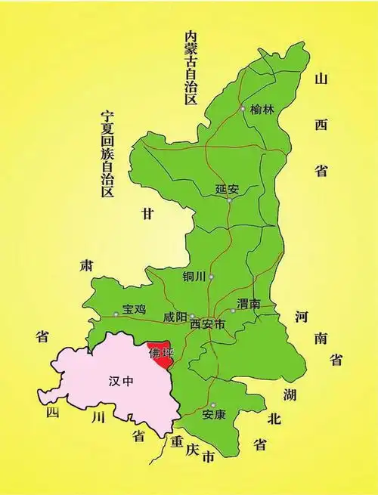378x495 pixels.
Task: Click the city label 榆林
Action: coord(262,110)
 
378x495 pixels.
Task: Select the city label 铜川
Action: coord(194,277)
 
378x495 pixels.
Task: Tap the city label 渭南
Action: coord(249,304)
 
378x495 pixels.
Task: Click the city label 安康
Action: coord(214,415)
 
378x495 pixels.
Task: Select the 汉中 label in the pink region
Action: coord(121,381)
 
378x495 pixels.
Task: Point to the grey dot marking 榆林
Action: coord(243,109)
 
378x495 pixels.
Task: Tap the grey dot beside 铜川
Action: coord(212,277)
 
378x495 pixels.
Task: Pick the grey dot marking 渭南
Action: coord(233,311)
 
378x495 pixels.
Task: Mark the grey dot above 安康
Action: coord(214,405)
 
